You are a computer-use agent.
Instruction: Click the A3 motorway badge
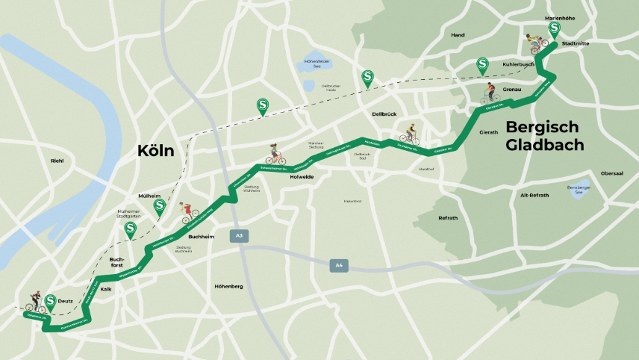(x=239, y=236)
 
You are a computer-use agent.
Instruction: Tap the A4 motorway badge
(x=338, y=264)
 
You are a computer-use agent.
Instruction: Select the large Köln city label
(x=155, y=151)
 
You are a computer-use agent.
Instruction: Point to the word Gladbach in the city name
(x=544, y=145)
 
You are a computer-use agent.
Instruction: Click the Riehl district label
(x=57, y=161)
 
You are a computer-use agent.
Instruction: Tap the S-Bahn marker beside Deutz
(x=51, y=301)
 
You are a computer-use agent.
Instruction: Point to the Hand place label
(x=458, y=35)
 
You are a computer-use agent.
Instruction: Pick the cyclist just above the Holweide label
(x=274, y=155)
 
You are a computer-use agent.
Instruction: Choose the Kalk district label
(x=105, y=288)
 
